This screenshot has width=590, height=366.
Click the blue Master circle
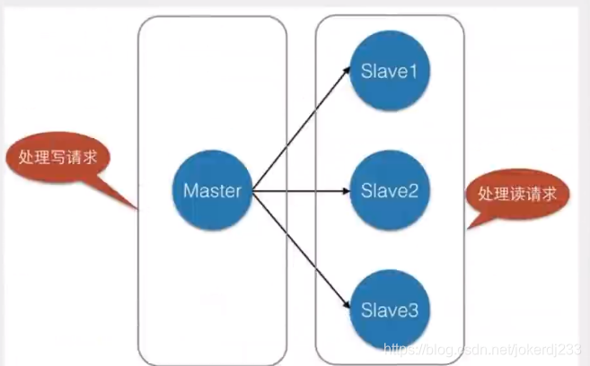[212, 191]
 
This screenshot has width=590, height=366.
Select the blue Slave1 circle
[389, 69]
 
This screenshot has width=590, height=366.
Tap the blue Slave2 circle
[389, 191]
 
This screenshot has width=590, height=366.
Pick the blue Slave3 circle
[389, 310]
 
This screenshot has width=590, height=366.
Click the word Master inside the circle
[212, 191]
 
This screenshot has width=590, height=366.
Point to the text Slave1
[389, 70]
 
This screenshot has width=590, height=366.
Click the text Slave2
[389, 191]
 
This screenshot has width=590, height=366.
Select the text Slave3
[389, 310]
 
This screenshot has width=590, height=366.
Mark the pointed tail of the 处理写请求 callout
[135, 207]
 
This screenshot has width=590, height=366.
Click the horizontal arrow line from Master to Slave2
[296, 191]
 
